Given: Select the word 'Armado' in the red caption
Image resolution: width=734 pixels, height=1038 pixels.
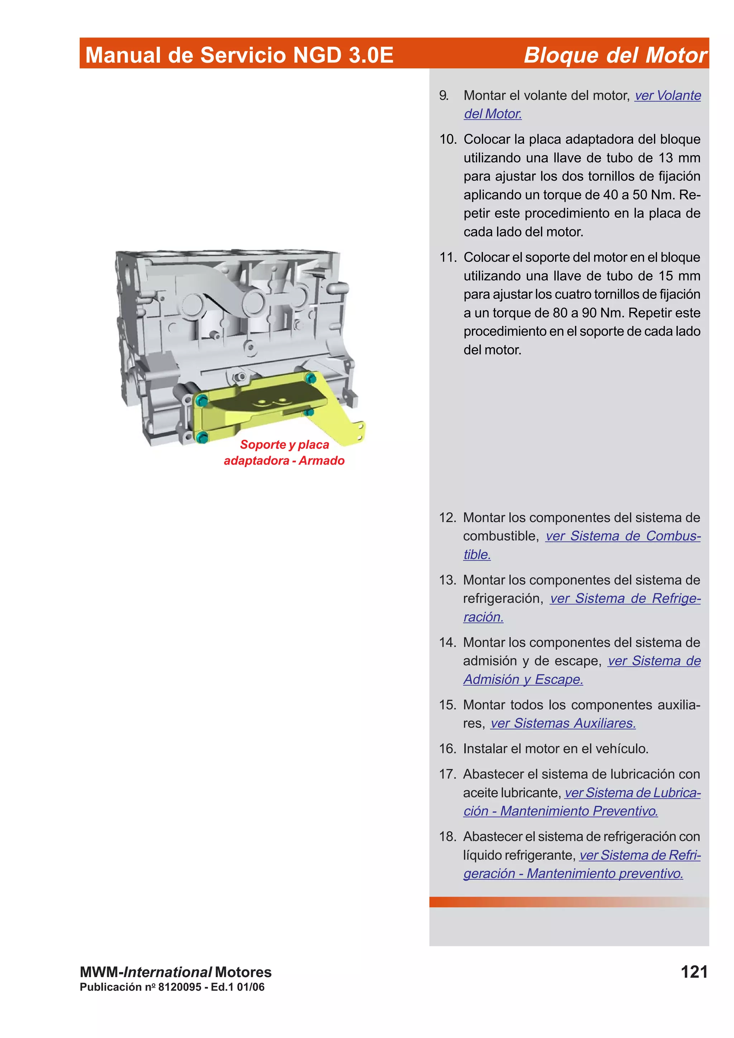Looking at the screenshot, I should [321, 461].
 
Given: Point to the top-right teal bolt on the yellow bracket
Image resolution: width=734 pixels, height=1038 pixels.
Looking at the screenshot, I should [310, 378].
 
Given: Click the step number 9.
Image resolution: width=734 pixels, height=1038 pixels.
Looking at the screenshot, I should [444, 95].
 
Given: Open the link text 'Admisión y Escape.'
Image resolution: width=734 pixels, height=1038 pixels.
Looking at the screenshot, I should [523, 679].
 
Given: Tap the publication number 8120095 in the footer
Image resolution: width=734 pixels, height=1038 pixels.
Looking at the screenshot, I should [180, 987].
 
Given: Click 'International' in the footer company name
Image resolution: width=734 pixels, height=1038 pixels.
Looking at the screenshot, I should [167, 972].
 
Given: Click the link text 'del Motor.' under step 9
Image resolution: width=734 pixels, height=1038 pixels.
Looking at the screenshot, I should [492, 114].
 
